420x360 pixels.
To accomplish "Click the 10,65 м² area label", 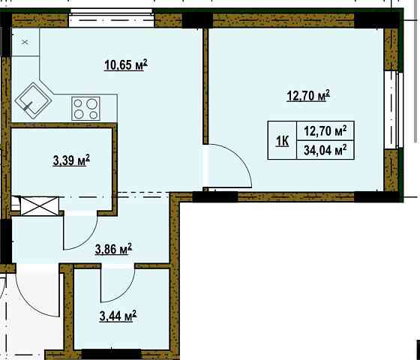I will click(x=125, y=65).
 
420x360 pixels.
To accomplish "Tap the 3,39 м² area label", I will click(x=72, y=160).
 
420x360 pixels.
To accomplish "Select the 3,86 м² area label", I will click(x=113, y=247).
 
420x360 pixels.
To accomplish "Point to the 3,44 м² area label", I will click(x=117, y=318).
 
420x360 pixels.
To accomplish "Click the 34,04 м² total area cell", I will click(x=325, y=149).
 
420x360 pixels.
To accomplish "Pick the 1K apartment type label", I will click(x=283, y=140).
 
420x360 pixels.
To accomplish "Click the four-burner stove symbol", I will click(x=86, y=109).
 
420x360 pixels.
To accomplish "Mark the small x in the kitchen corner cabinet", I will click(x=24, y=42).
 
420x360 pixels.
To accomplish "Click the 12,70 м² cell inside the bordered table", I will click(x=325, y=130).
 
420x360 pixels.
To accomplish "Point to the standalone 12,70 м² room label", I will click(x=308, y=96).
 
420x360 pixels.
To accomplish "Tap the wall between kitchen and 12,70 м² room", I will click(x=204, y=82).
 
